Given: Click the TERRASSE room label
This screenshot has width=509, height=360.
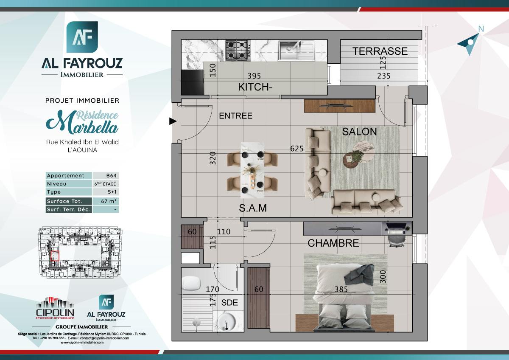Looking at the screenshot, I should [380, 51].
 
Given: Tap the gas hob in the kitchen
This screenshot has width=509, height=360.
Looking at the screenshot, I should [237, 49].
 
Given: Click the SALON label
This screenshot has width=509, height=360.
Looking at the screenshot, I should [359, 132].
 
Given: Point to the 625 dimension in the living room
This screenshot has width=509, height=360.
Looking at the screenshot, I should [296, 149].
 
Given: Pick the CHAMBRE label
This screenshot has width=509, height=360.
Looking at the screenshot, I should [333, 243].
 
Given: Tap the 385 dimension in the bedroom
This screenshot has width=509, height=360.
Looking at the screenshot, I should [341, 290].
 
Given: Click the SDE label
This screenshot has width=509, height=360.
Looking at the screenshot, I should [229, 303].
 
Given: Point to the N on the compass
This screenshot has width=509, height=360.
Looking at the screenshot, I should [481, 29].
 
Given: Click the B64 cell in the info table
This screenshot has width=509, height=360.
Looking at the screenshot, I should [106, 176].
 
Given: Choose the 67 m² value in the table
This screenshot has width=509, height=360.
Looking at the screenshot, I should [106, 201].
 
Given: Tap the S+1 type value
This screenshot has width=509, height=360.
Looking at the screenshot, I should [106, 192].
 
